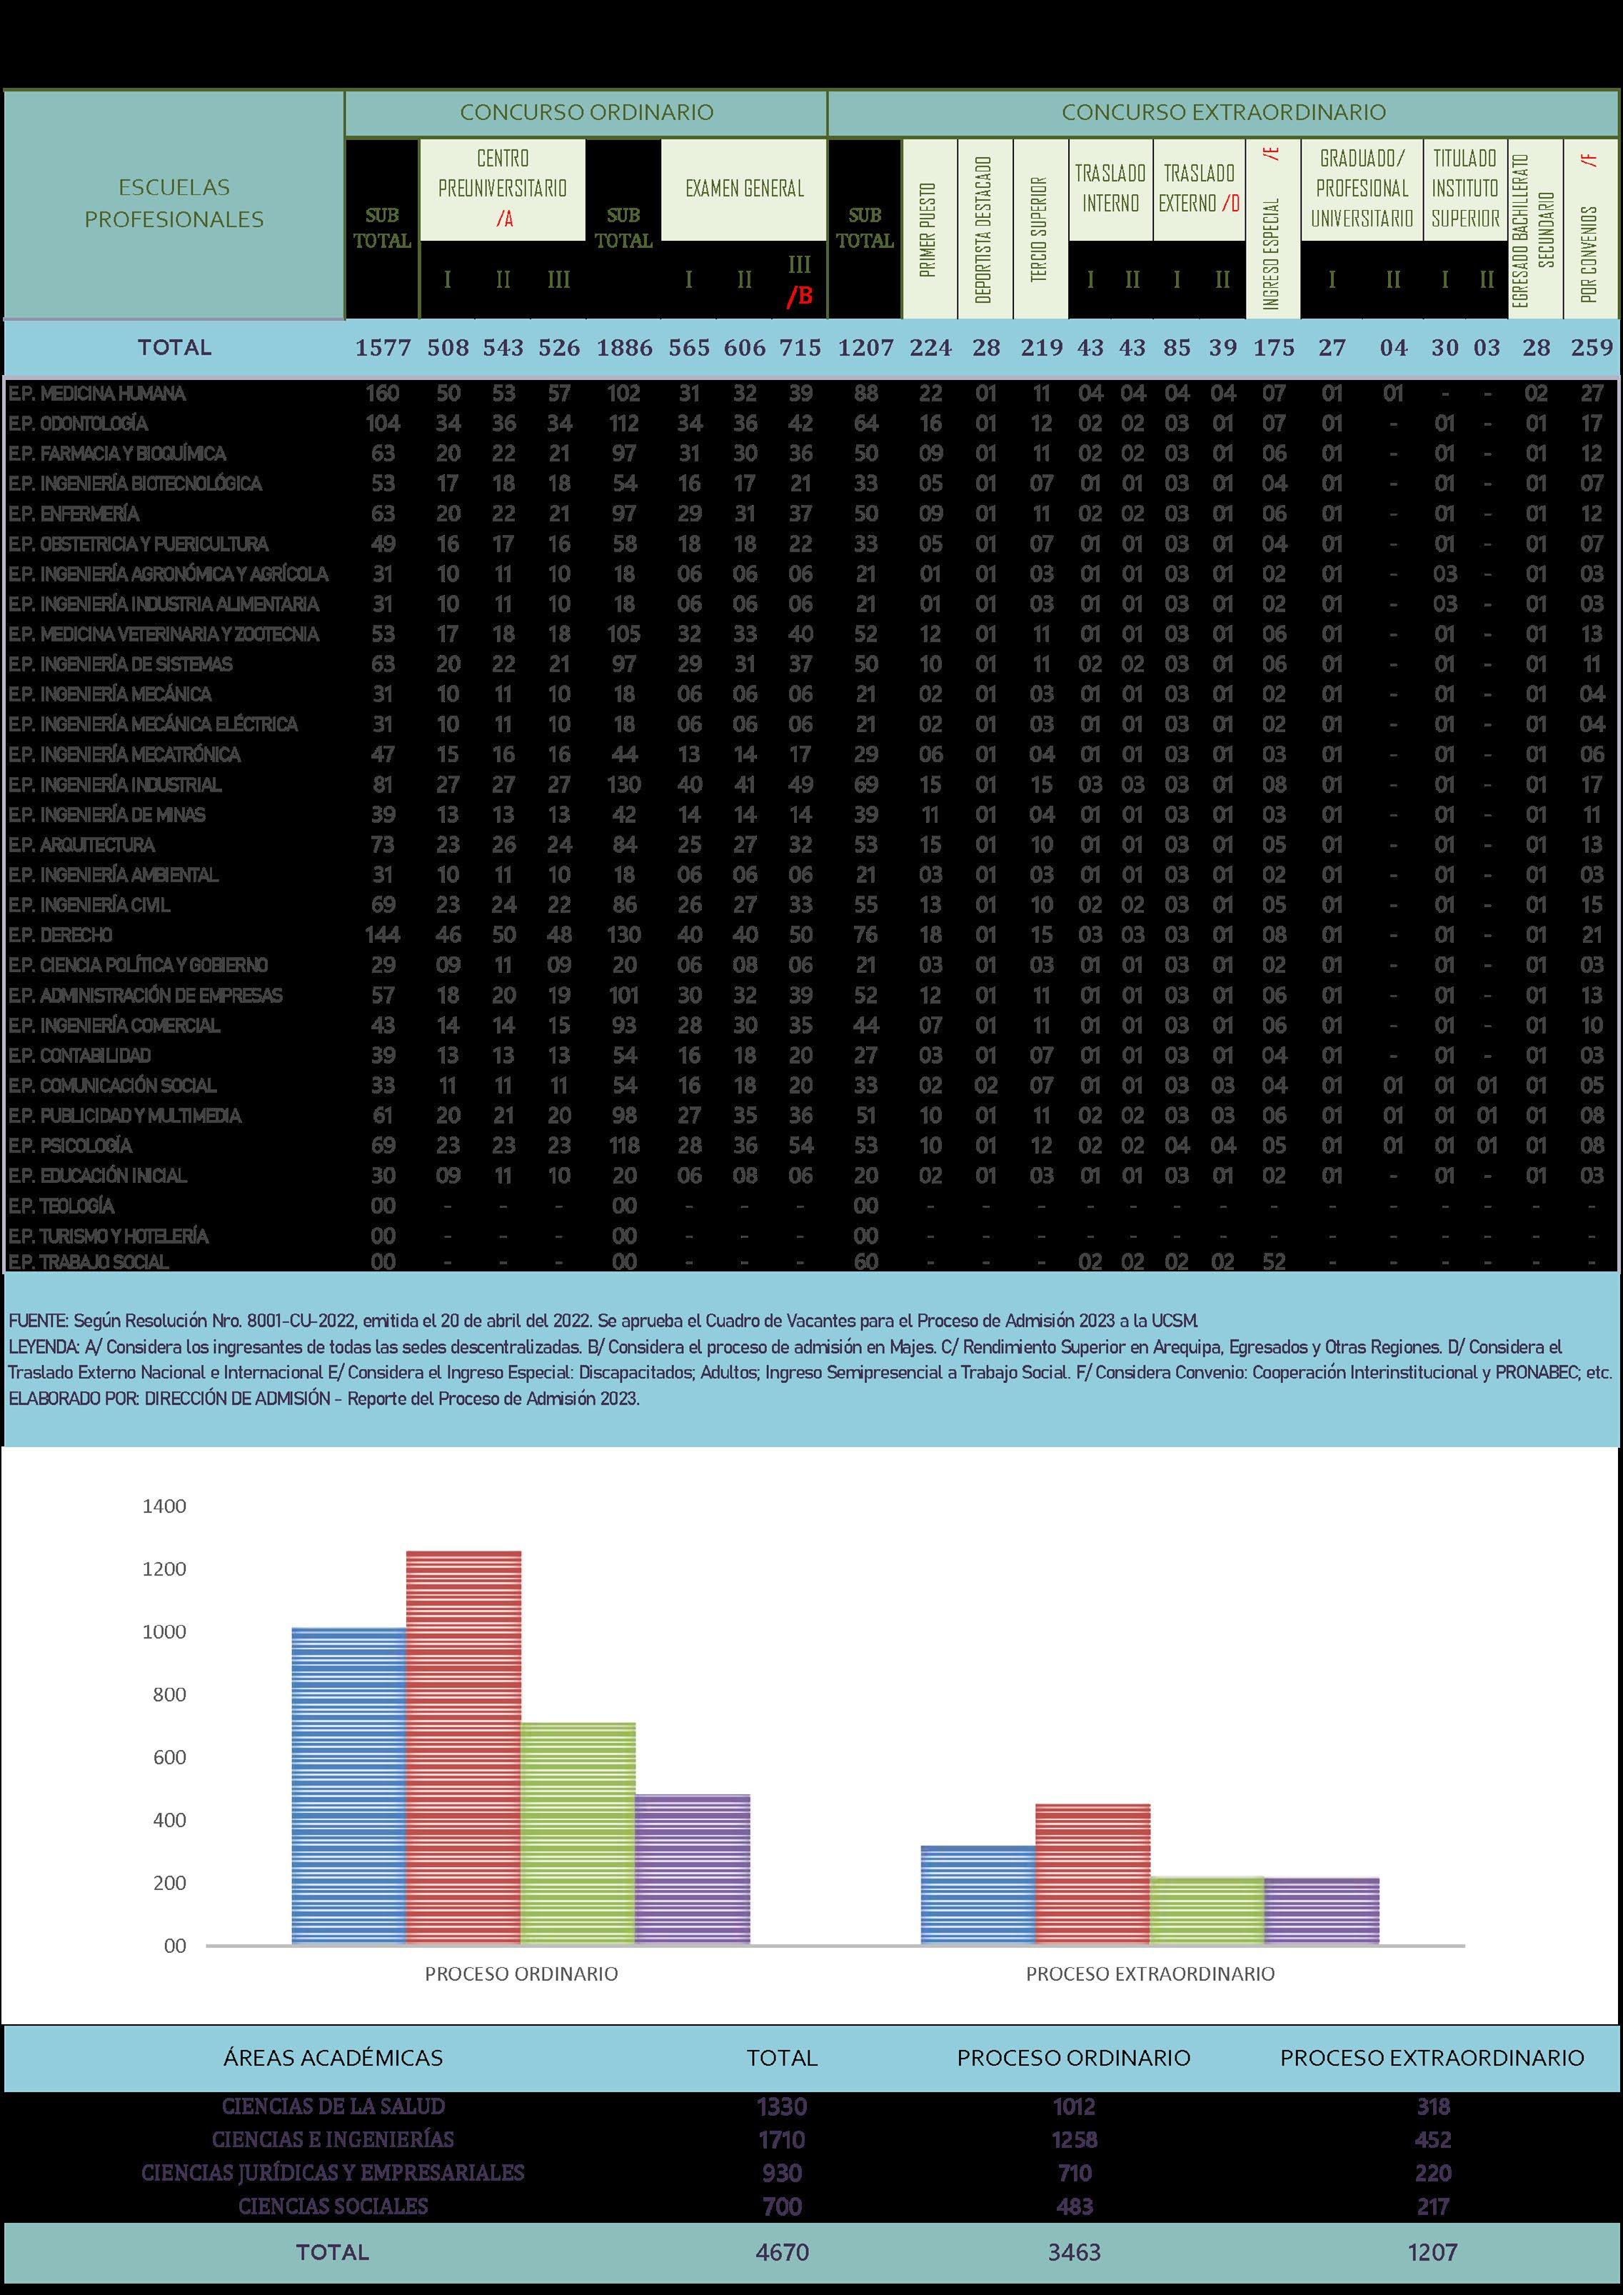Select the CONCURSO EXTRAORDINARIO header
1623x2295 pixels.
click(1222, 112)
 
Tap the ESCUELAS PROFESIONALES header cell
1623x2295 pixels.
click(174, 203)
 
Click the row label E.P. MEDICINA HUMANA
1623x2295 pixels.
click(97, 394)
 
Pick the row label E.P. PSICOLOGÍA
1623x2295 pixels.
click(70, 1146)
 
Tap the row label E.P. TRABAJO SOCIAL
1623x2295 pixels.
click(88, 1261)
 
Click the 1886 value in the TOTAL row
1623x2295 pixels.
click(623, 348)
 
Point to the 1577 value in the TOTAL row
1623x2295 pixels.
click(383, 348)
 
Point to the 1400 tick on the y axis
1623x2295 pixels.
click(164, 1506)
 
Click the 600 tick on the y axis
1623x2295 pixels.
click(169, 1757)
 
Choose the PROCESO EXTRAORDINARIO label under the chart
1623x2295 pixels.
click(1150, 1974)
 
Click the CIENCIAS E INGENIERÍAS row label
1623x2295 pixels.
click(333, 2139)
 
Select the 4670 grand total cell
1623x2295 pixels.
click(782, 2252)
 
